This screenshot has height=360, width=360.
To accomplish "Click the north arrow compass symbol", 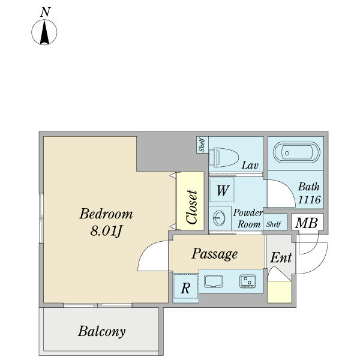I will [x=44, y=32].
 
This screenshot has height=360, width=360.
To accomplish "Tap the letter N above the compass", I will [x=44, y=12].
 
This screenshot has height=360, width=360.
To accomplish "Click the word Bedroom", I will [x=106, y=214].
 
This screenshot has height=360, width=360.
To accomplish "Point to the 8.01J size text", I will [x=106, y=231].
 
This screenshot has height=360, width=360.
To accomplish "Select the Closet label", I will [x=191, y=208].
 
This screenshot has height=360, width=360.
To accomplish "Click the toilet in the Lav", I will [x=222, y=157].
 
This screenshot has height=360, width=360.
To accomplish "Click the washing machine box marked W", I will [x=222, y=191].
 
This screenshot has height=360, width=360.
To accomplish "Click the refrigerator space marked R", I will [x=185, y=288].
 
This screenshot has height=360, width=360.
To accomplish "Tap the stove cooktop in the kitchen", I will [x=247, y=281].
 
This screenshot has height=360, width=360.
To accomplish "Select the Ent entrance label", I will [x=281, y=258].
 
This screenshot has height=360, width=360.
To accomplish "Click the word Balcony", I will [x=101, y=331].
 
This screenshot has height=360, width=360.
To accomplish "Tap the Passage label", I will [x=214, y=254].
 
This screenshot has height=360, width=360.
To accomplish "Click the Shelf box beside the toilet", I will [x=202, y=145].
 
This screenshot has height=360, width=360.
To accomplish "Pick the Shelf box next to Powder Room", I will [x=274, y=224].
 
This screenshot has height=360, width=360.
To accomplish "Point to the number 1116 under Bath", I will [x=310, y=200].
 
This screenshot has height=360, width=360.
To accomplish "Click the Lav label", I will [x=250, y=165].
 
